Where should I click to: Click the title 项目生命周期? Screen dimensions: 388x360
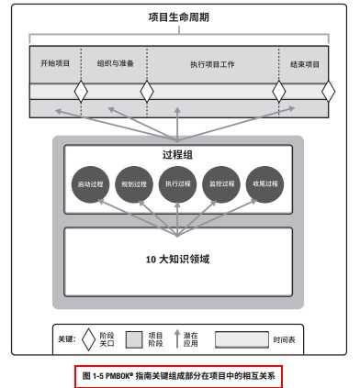pyautogui.click(x=180, y=17)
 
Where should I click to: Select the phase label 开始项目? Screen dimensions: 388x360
pyautogui.click(x=55, y=63)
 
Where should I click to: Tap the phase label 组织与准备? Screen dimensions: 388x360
pyautogui.click(x=115, y=63)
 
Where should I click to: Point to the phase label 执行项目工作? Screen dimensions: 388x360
pyautogui.click(x=212, y=63)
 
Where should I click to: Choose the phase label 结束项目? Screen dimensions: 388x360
pyautogui.click(x=305, y=63)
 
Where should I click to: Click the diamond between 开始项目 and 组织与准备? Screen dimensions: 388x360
pyautogui.click(x=82, y=92)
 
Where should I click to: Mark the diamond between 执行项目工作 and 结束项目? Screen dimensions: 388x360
pyautogui.click(x=279, y=92)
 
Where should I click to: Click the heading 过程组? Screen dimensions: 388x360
pyautogui.click(x=178, y=154)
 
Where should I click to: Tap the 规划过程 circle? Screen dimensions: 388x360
pyautogui.click(x=134, y=183)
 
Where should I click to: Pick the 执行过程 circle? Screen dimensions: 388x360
pyautogui.click(x=178, y=183)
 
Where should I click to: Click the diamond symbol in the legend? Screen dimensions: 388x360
pyautogui.click(x=88, y=338)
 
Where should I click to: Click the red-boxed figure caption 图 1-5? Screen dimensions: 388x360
pyautogui.click(x=178, y=375)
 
